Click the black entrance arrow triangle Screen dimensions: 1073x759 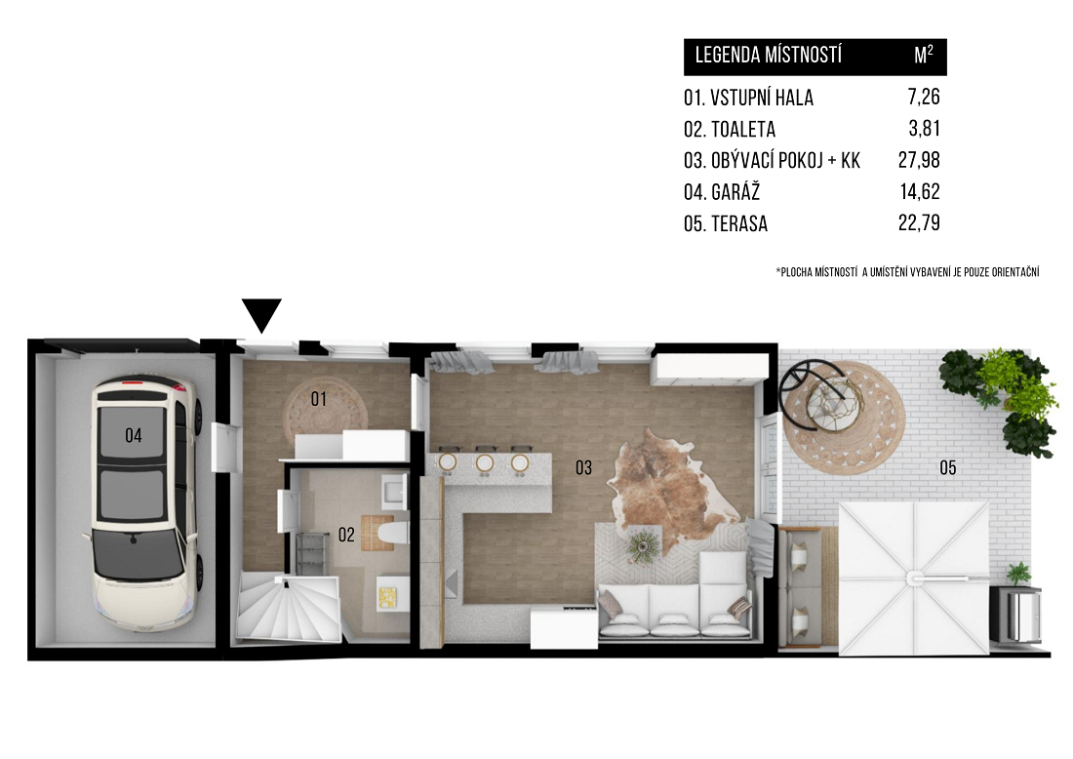pos(261,315)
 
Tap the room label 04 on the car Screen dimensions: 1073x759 pos(134,435)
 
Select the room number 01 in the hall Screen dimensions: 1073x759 pos(319,399)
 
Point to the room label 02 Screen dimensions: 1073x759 pos(346,535)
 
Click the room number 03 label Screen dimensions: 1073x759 pos(583,468)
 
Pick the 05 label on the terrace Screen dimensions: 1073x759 pos(948,468)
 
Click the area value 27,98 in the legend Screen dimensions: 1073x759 pos(919,160)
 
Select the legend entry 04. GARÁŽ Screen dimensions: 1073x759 pos(722,191)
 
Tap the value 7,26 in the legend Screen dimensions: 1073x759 pos(924,98)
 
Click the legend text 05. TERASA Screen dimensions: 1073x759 pos(726,223)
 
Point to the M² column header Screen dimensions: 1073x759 pos(924,56)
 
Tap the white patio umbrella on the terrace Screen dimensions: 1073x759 pos(914,579)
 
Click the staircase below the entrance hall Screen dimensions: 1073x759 pos(290,608)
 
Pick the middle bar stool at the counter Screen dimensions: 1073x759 pos(485,462)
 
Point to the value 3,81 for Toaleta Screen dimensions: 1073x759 pos(925,129)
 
